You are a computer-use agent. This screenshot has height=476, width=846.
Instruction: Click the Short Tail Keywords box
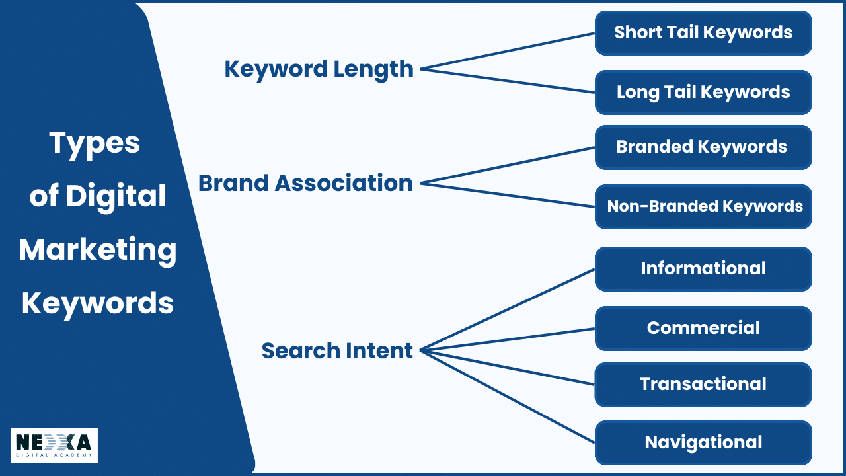703,33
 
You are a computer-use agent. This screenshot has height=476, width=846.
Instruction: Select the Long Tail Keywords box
703,93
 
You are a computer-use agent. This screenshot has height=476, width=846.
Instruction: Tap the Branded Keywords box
703,147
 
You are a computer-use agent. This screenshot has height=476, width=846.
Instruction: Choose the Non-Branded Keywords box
703,207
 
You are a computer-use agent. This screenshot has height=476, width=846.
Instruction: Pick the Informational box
703,269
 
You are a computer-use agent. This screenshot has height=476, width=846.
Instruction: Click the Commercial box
703,329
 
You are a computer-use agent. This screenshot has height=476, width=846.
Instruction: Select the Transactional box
703,385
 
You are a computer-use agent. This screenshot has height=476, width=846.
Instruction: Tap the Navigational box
703,443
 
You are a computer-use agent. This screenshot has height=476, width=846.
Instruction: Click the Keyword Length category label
319,69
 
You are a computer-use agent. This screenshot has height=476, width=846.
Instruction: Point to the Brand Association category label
305,183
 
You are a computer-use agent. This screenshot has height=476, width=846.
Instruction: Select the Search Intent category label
337,350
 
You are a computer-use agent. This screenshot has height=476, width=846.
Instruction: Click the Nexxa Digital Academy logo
54,445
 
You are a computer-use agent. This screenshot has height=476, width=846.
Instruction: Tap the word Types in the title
95,143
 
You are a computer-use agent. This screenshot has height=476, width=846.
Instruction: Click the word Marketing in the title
98,250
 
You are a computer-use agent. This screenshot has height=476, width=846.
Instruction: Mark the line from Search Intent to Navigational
508,397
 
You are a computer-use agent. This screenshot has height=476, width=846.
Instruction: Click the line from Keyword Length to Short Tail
508,51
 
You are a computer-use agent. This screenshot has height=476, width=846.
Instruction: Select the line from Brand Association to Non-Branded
508,195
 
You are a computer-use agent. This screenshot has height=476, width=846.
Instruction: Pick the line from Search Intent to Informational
508,309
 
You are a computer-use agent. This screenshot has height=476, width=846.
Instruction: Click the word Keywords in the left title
98,303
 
